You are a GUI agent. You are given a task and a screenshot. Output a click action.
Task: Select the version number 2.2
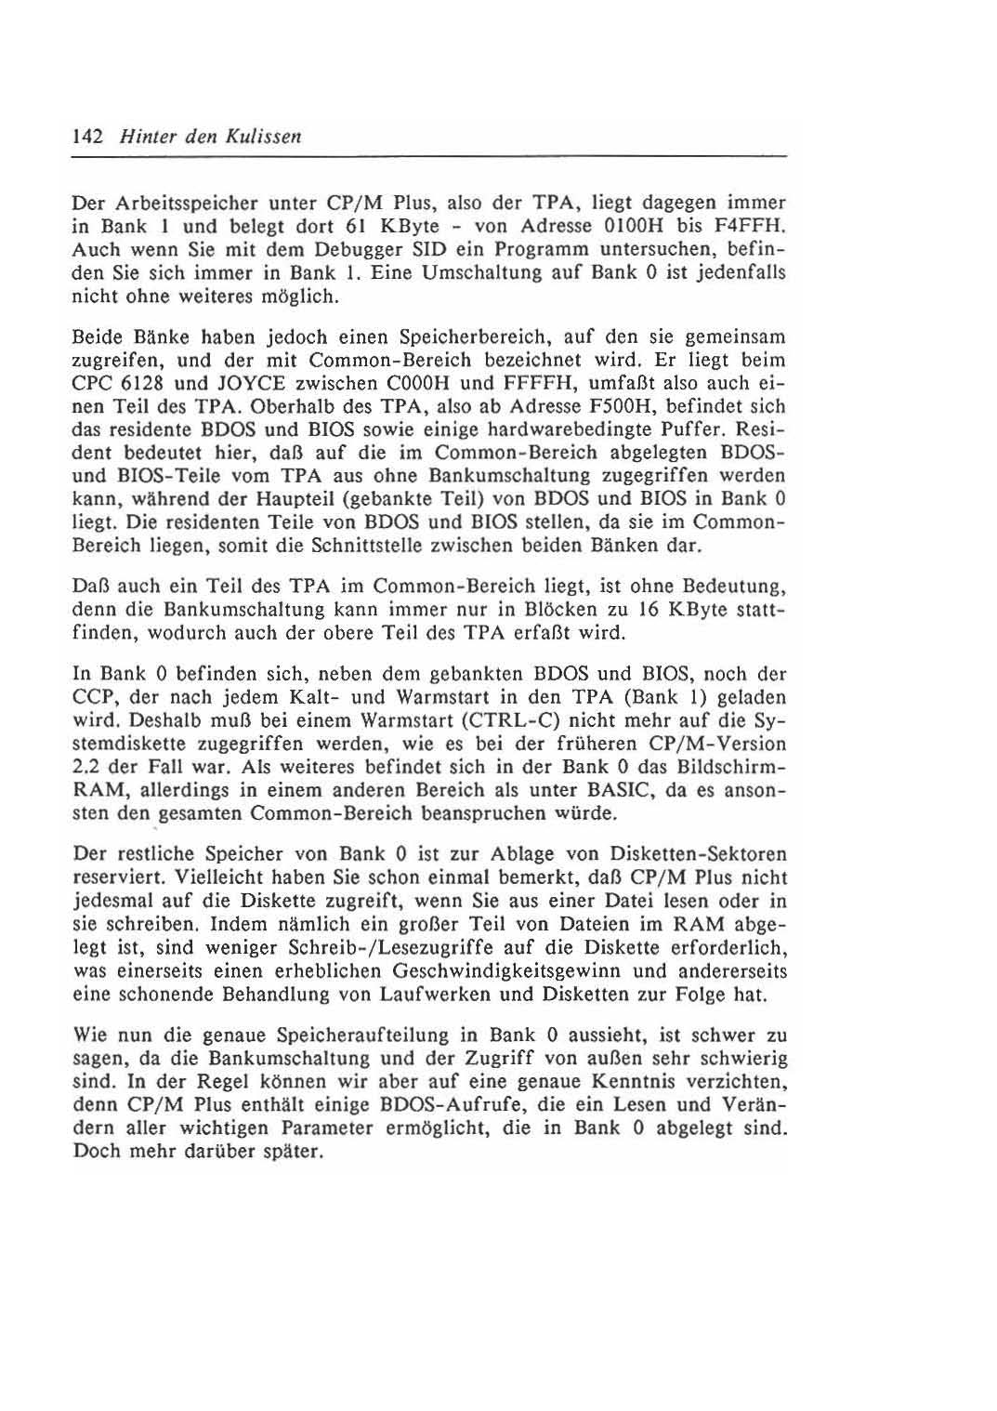86,768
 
